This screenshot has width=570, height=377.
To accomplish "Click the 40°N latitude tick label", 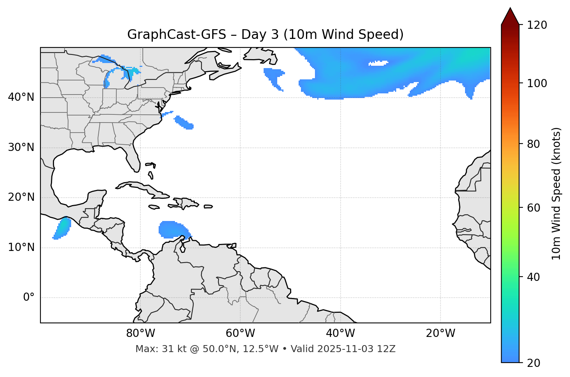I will pyautogui.click(x=21, y=97).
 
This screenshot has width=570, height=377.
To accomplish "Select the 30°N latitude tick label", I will pyautogui.click(x=21, y=147).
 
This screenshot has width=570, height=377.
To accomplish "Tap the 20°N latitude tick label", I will pyautogui.click(x=21, y=197).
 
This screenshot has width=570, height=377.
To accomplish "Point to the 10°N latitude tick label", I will pyautogui.click(x=21, y=247).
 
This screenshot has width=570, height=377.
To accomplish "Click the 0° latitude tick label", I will pyautogui.click(x=29, y=298).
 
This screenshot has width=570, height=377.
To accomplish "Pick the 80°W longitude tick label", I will pyautogui.click(x=140, y=333).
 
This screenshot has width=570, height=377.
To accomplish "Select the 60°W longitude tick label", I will pyautogui.click(x=240, y=333).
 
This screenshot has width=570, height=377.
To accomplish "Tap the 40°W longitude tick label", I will pyautogui.click(x=340, y=333).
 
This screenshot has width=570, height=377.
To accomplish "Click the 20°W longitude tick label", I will pyautogui.click(x=441, y=333).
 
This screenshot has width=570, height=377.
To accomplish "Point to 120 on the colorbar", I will pyautogui.click(x=537, y=25).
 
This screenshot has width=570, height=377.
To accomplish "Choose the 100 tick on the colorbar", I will pyautogui.click(x=537, y=83).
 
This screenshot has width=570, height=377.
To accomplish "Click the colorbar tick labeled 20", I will pyautogui.click(x=533, y=363).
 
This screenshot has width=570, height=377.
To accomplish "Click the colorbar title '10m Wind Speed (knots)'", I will pyautogui.click(x=556, y=193).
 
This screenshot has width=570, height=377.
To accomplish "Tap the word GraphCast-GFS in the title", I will pyautogui.click(x=177, y=35).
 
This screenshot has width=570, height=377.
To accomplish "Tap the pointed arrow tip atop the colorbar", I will pyautogui.click(x=510, y=9).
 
